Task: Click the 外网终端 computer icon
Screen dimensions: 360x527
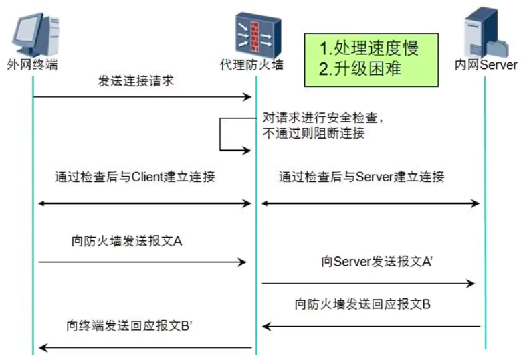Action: [x=32, y=32]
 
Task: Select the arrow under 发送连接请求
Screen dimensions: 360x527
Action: [x=142, y=98]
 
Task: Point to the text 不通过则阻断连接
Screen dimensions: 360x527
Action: [x=314, y=132]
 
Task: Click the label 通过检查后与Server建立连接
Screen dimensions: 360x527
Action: [x=361, y=177]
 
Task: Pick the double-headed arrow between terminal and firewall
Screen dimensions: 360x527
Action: [x=144, y=202]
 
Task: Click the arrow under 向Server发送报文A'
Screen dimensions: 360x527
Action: [x=368, y=284]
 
